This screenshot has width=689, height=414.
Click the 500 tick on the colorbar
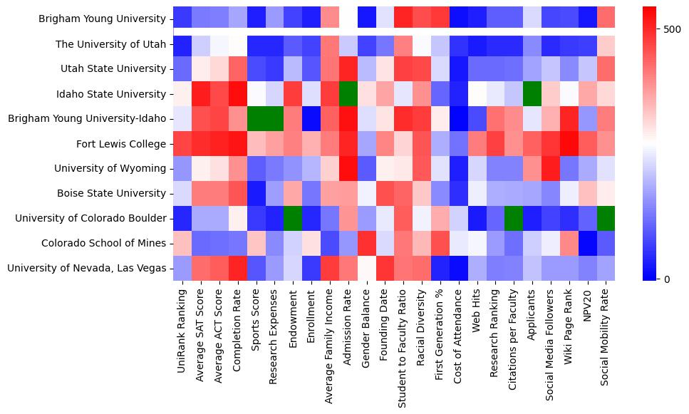pos(672,30)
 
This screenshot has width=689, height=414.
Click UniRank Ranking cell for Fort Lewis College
pos(182,144)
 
